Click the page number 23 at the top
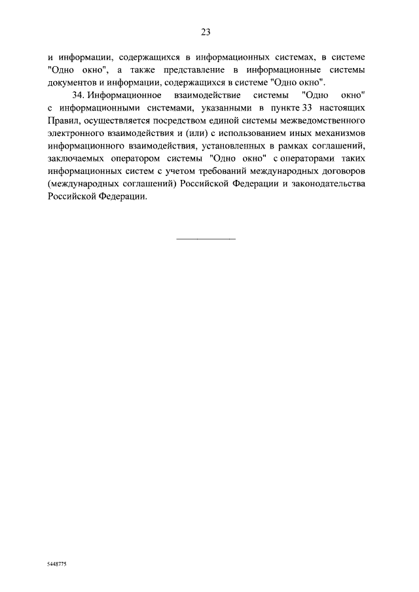[x=205, y=31]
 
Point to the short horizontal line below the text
[x=206, y=237]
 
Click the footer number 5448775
[x=57, y=563]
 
